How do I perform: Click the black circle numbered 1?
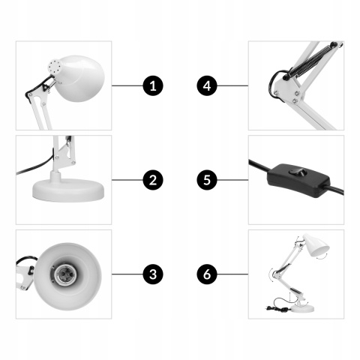click(x=153, y=85)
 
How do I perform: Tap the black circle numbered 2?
click(x=153, y=180)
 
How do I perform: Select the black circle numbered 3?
click(x=153, y=274)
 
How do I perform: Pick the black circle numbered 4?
click(x=208, y=85)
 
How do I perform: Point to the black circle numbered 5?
click(x=208, y=180)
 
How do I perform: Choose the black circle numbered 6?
click(x=208, y=274)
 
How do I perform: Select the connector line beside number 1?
click(x=127, y=85)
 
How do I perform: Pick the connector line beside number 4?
click(x=234, y=85)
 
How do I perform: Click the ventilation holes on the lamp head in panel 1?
click(x=55, y=66)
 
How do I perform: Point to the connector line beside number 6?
click(x=234, y=274)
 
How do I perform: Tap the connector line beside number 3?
click(x=127, y=274)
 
